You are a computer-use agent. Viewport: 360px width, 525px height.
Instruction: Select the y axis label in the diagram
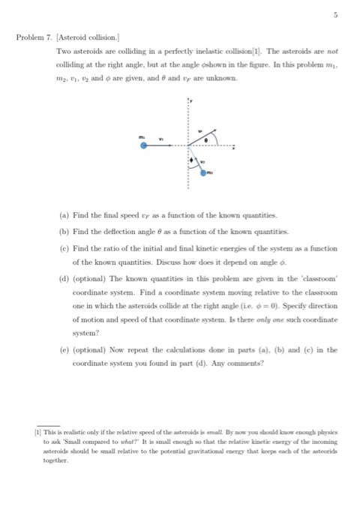pos(190,98)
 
